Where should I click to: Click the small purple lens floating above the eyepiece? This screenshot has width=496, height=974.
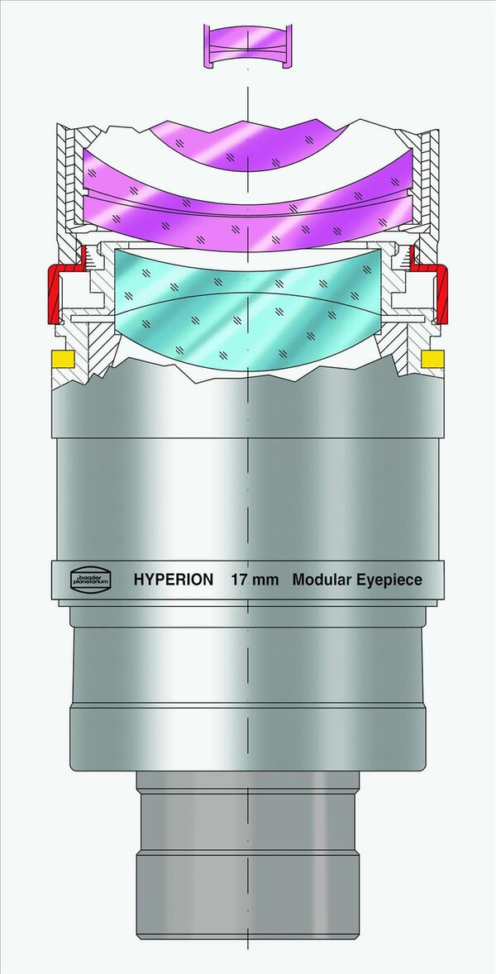248,46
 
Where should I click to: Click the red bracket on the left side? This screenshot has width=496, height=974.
57,294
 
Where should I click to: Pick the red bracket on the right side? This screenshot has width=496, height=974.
441,294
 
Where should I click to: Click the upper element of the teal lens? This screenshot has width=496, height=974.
248,277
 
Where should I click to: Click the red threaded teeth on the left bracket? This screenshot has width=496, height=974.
84,261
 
